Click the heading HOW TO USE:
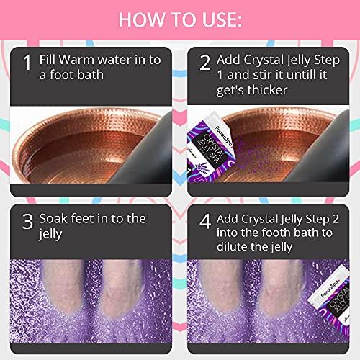pos(179,19)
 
